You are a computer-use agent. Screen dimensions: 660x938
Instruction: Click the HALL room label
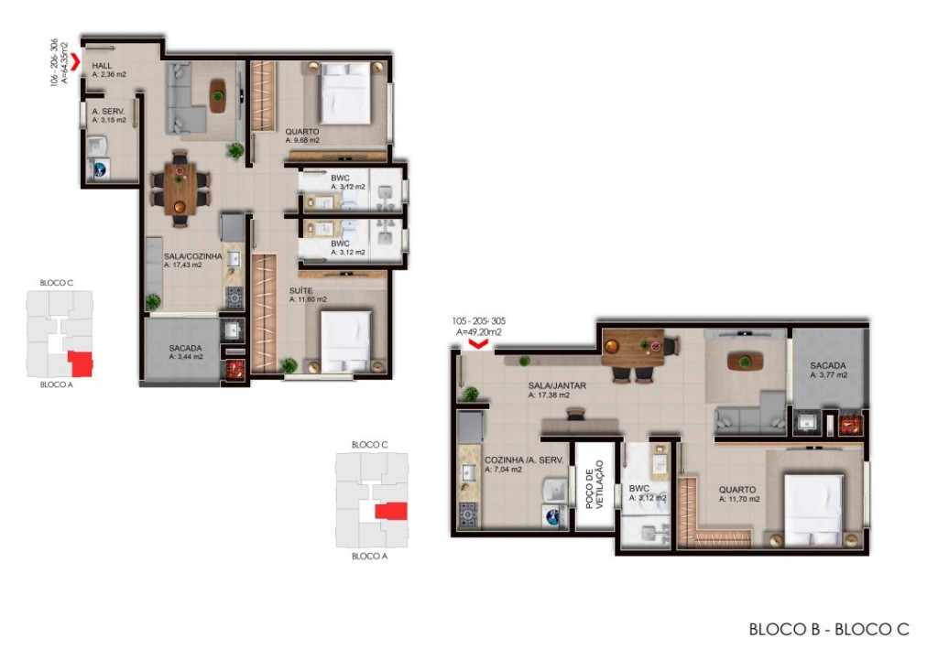coord(103,67)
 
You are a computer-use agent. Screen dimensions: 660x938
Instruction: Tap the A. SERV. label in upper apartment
coord(109,111)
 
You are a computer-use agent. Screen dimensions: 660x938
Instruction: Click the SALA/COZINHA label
coord(192,257)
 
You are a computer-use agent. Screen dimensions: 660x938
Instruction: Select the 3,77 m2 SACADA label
coord(828,366)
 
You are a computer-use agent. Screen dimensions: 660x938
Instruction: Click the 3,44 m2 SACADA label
coord(185,348)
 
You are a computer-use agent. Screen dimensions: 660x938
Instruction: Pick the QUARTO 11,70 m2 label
coord(737,489)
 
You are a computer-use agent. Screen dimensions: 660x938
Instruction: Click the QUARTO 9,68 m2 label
coord(301,132)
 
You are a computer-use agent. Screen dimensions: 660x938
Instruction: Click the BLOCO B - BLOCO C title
coord(828,629)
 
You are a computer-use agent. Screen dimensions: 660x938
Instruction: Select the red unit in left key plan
coord(82,363)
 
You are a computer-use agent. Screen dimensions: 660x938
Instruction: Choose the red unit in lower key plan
coord(391,510)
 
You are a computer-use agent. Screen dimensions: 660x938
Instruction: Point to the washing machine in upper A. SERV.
coord(97,169)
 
